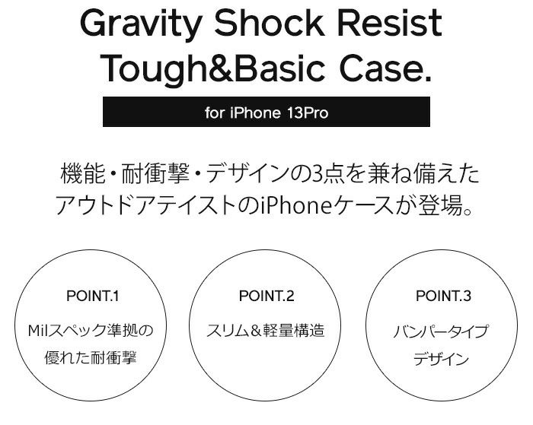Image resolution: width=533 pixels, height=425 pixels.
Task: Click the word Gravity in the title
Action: pos(140,24)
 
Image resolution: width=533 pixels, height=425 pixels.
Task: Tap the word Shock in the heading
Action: pos(269,23)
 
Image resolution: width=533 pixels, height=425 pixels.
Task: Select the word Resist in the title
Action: pos(390,23)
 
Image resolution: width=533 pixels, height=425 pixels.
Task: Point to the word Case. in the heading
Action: pos(386,68)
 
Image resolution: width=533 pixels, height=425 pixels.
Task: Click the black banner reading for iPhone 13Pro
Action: pos(266,112)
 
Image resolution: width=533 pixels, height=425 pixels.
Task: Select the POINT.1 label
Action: pos(92,296)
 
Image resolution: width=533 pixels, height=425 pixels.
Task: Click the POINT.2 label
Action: pos(266,296)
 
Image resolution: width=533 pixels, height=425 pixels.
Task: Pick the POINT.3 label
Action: pos(444,296)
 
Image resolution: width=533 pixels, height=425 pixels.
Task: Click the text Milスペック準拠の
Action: pos(91,330)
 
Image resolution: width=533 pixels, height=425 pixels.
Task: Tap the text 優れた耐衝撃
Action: pos(91,358)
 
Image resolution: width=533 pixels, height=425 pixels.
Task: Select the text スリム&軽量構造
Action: pos(266,330)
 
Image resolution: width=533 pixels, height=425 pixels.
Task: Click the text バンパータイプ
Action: pos(441,331)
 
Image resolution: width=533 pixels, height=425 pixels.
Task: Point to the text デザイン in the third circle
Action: pos(441,359)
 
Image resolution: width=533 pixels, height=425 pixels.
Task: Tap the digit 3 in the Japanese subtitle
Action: pos(314,174)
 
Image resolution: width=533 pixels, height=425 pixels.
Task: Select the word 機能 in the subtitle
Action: pos(83,174)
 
